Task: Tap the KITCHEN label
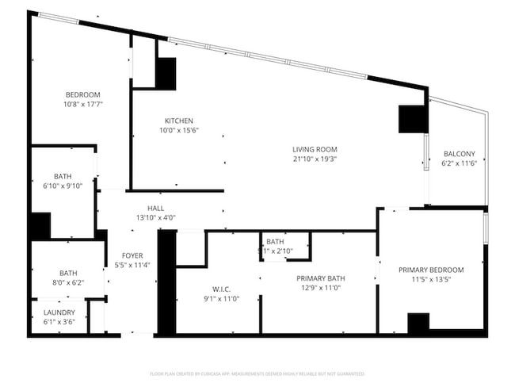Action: pos(179,121)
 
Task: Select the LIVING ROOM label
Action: pos(315,149)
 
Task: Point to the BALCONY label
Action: pos(460,154)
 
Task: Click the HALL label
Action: pos(155,209)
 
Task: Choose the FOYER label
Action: pos(132,255)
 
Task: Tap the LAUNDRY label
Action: pos(59,312)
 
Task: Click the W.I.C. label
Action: pos(221,289)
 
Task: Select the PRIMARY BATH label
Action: pos(320,278)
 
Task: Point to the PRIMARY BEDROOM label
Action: pos(431,270)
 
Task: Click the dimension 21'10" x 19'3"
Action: pos(315,159)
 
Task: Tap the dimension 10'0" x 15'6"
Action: pos(179,130)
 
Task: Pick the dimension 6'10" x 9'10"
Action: pos(63,186)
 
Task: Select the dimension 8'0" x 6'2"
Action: pos(67,282)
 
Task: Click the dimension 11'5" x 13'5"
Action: pos(431,280)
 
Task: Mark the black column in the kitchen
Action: pos(166,73)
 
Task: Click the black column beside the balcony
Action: pos(413,119)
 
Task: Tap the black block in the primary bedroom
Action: pos(418,324)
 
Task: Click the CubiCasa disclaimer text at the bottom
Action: pos(257,373)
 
